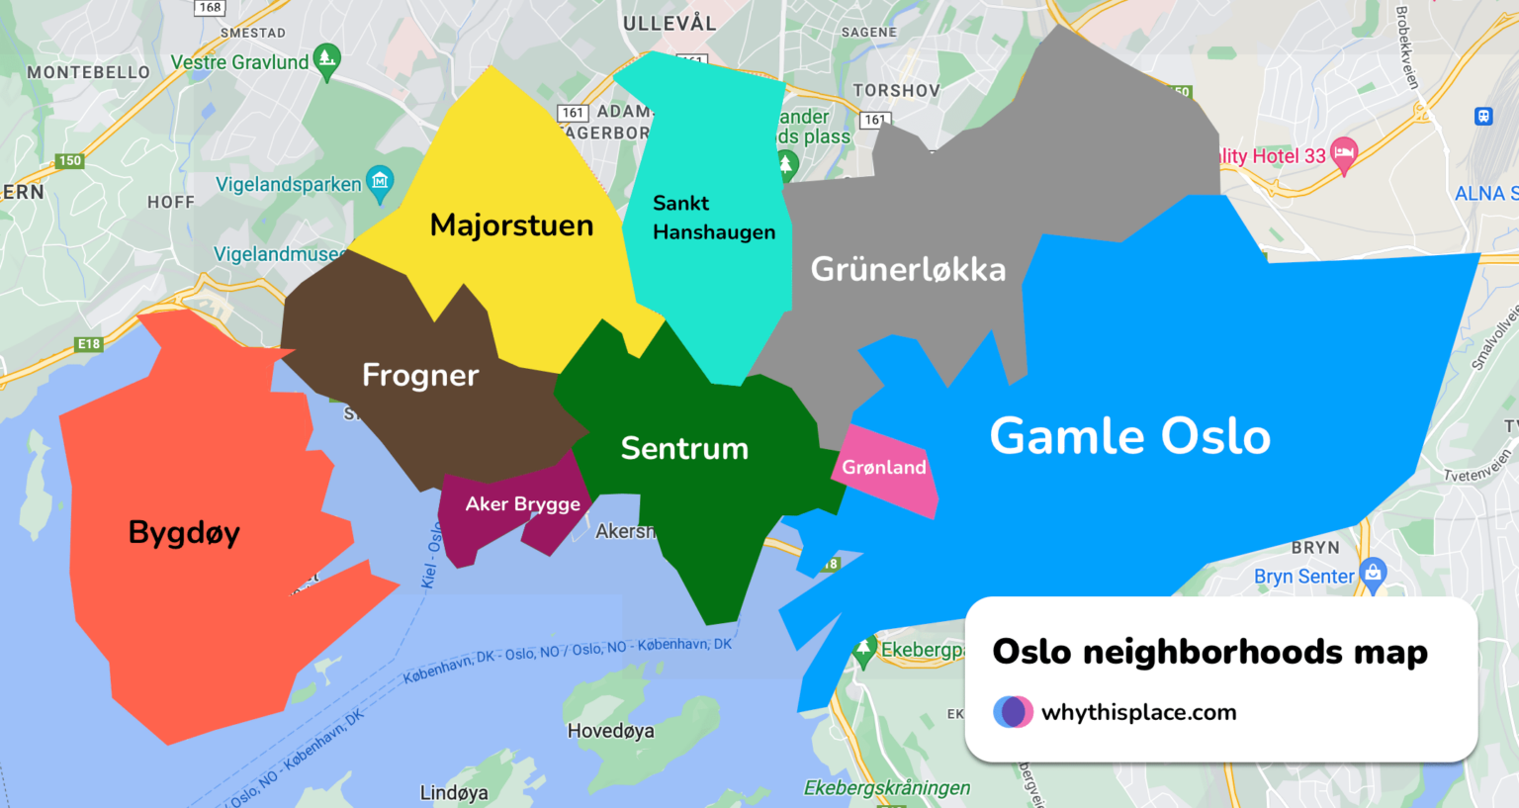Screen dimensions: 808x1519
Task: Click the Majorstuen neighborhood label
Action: [511, 225]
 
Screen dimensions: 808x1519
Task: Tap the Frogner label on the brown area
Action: [420, 375]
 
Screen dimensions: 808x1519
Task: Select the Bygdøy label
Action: [184, 533]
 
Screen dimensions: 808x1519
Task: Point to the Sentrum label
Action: [684, 448]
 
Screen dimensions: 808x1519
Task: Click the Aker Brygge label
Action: [522, 504]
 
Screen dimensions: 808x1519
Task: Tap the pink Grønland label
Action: [884, 468]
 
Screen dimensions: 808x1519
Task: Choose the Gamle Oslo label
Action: [1129, 436]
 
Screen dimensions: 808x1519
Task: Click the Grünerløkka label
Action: [908, 269]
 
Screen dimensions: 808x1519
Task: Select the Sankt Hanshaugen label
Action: [713, 218]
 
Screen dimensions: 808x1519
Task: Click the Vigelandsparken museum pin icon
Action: [380, 182]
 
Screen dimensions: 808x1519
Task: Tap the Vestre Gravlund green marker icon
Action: [326, 60]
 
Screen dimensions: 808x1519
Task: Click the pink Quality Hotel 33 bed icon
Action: [1343, 153]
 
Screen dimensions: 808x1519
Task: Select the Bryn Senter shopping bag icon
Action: [1373, 572]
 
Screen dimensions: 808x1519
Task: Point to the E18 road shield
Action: [89, 344]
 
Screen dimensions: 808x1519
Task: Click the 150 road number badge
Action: [69, 160]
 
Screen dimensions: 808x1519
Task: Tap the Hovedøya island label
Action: [610, 731]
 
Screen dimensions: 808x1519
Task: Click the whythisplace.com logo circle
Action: [1013, 712]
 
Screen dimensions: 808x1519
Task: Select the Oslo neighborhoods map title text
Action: [1209, 652]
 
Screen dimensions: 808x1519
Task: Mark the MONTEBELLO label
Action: [88, 72]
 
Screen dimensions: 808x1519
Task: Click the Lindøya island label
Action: [454, 792]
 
